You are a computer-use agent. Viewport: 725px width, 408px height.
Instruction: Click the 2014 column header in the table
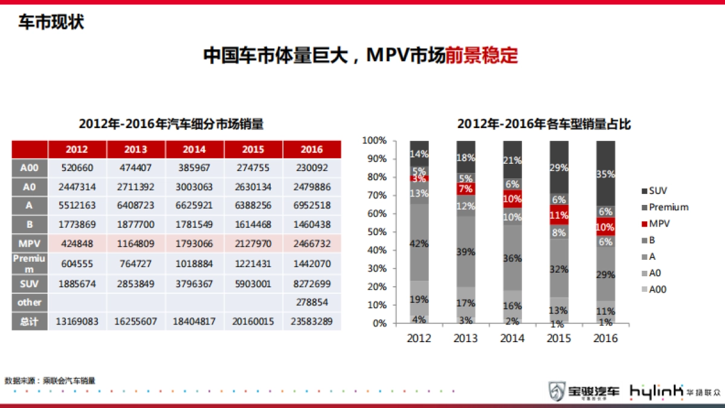tap(194, 149)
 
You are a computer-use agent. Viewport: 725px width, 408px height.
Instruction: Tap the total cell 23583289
tap(311, 322)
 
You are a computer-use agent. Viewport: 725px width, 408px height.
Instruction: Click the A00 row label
tap(30, 169)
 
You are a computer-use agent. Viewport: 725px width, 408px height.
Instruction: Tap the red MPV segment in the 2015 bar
tap(559, 215)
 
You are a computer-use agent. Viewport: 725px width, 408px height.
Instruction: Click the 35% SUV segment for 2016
tap(606, 173)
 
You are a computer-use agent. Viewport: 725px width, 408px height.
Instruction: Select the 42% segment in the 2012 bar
tap(419, 243)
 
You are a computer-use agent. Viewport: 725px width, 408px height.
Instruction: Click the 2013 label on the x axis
tap(466, 338)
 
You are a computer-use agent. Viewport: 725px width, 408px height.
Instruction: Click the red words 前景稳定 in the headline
tap(482, 56)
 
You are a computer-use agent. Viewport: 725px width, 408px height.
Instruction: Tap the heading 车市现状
tap(51, 23)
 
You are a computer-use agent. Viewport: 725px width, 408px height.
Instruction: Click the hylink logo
tap(657, 392)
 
